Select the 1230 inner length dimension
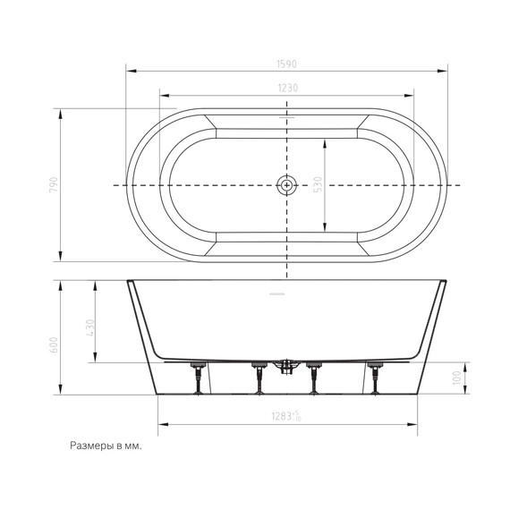pos(286,87)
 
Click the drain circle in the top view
pos(286,185)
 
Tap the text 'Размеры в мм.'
pos(104,445)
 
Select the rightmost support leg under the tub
pos(374,378)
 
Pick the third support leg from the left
pos(314,378)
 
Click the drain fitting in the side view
pos(287,366)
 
